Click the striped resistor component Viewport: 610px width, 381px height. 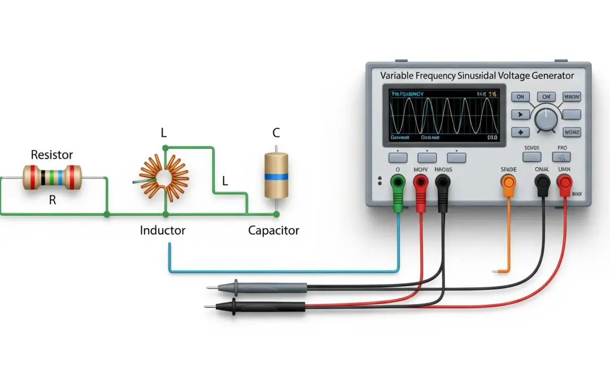click(x=52, y=177)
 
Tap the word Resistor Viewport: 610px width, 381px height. click(x=51, y=155)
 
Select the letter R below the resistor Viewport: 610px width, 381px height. click(x=53, y=200)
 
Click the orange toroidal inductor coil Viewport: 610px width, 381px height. click(x=164, y=176)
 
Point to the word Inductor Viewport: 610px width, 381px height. click(x=163, y=230)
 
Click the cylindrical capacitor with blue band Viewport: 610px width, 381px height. click(x=276, y=176)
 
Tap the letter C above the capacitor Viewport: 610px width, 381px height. click(x=276, y=133)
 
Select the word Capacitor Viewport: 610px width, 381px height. click(x=274, y=230)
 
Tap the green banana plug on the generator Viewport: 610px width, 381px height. click(x=399, y=182)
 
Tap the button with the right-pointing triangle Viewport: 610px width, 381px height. click(x=520, y=115)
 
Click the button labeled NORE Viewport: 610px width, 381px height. click(x=572, y=132)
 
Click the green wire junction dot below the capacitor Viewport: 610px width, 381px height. click(x=276, y=214)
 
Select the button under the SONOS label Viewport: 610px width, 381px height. click(x=531, y=157)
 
